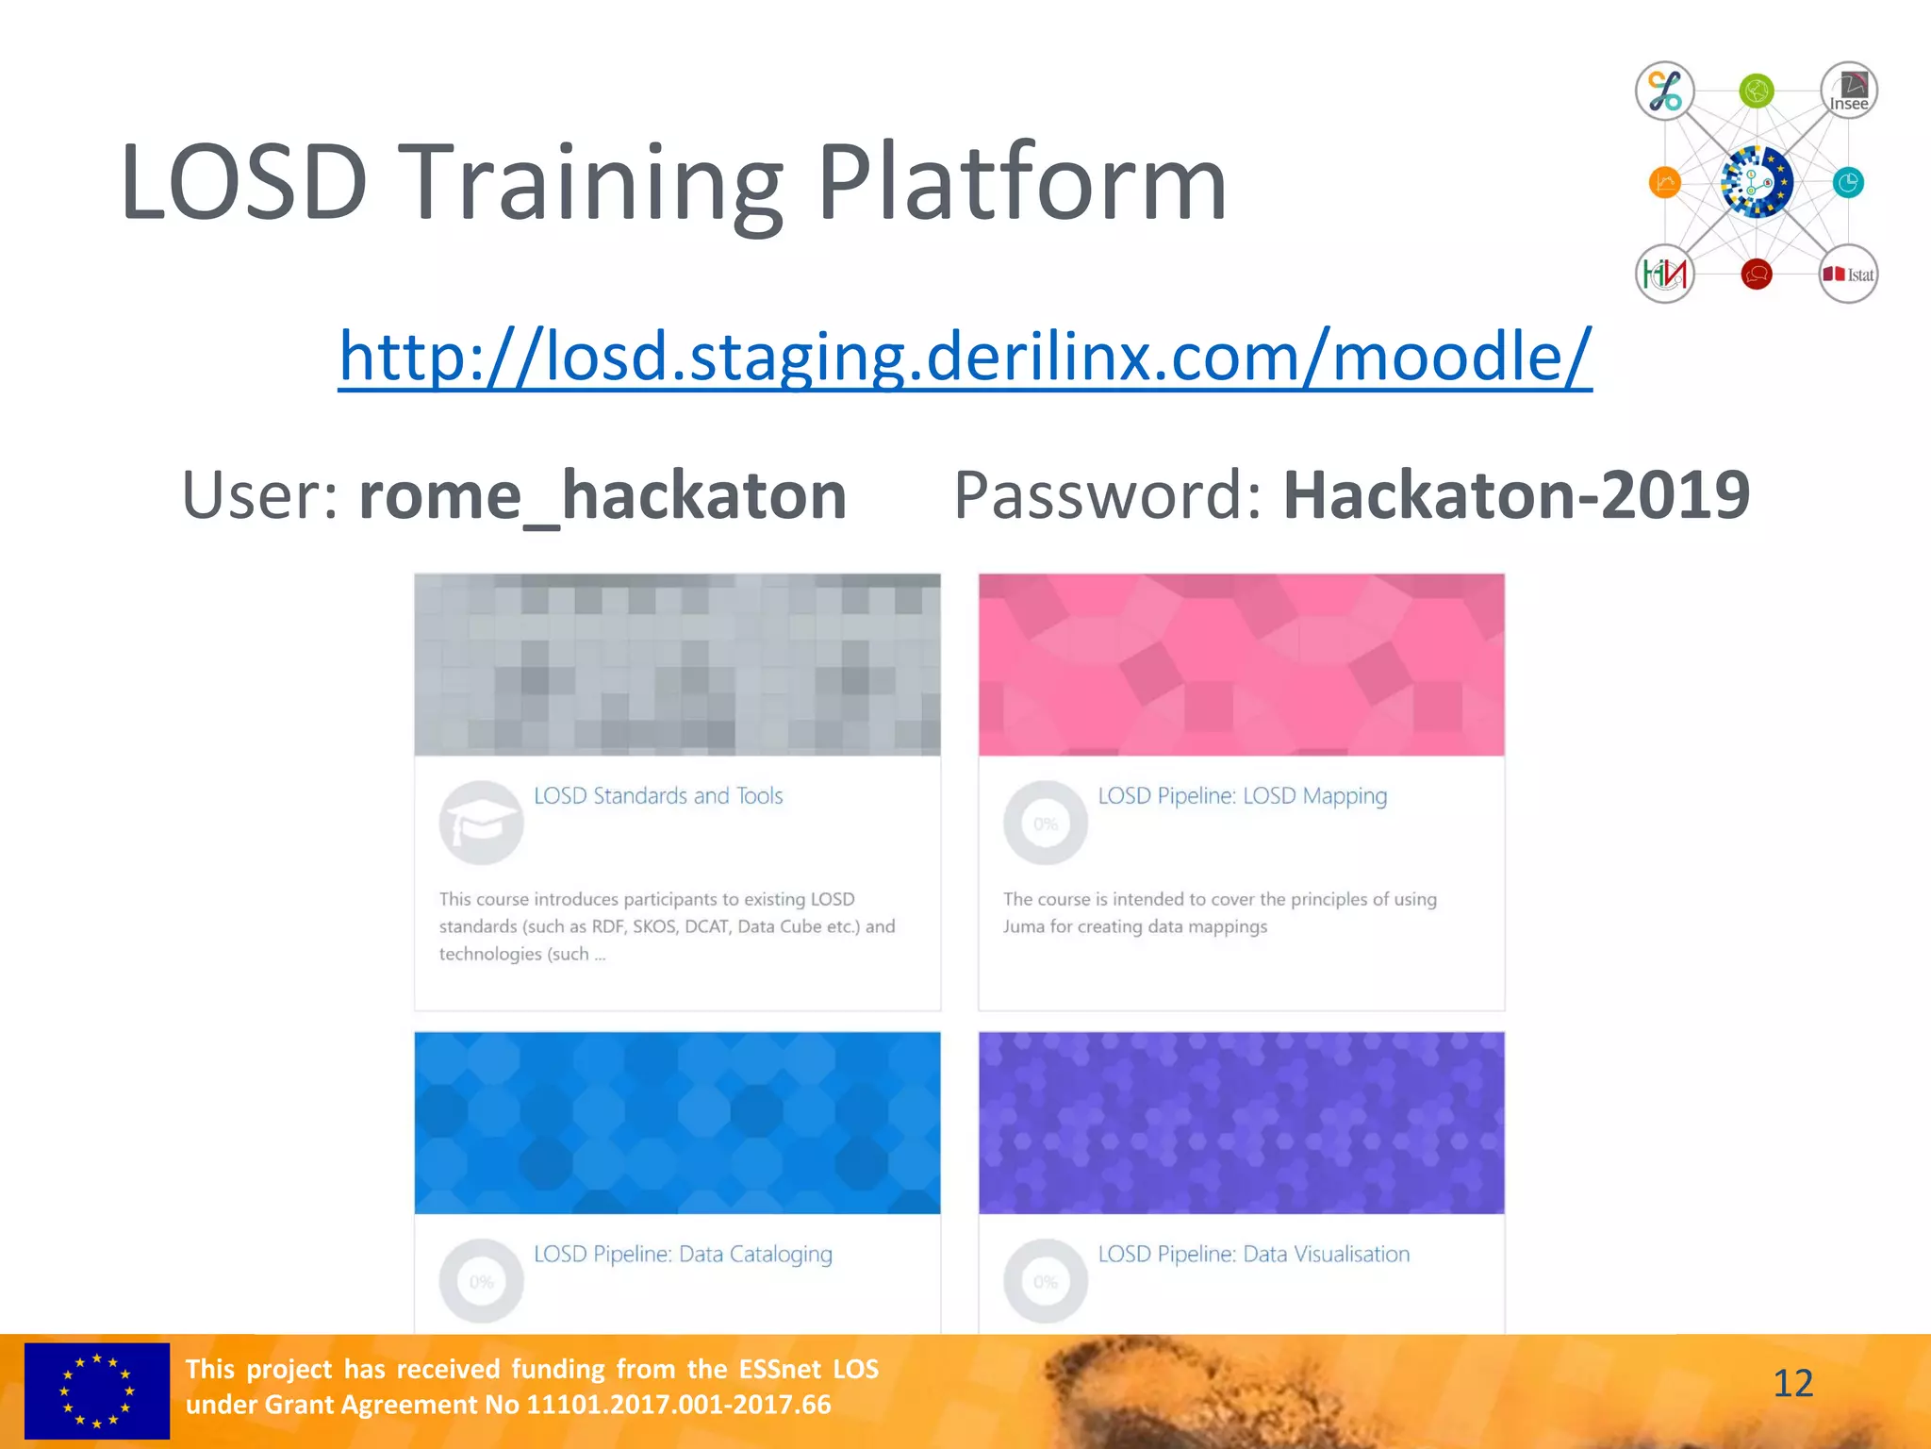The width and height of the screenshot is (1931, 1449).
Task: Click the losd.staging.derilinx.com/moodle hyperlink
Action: point(965,358)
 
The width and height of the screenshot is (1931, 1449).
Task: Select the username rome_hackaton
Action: point(602,495)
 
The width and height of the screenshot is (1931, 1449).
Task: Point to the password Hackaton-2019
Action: point(1516,495)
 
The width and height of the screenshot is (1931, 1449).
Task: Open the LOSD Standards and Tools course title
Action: point(658,796)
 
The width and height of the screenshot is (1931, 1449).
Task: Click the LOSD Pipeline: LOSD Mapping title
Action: point(1242,796)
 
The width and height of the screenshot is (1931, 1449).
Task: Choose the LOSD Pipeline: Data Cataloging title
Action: point(683,1255)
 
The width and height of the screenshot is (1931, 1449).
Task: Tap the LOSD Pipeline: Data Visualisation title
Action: point(1253,1255)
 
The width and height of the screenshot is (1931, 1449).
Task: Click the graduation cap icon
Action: point(481,823)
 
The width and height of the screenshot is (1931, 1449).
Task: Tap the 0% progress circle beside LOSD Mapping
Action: point(1045,823)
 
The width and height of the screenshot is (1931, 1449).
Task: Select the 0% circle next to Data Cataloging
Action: point(481,1281)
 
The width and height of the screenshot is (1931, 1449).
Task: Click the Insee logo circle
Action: point(1848,92)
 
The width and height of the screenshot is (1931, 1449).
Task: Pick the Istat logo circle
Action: point(1848,275)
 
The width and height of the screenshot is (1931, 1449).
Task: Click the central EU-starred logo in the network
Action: point(1756,182)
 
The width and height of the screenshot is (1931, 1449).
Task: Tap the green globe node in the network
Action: point(1757,92)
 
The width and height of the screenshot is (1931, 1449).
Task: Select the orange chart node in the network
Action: point(1665,182)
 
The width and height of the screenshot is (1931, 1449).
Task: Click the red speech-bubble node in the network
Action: point(1757,275)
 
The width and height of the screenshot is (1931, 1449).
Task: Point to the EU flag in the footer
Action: point(97,1391)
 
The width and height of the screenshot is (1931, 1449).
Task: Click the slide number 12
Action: point(1792,1384)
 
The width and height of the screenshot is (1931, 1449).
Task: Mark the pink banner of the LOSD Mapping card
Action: point(1241,664)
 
